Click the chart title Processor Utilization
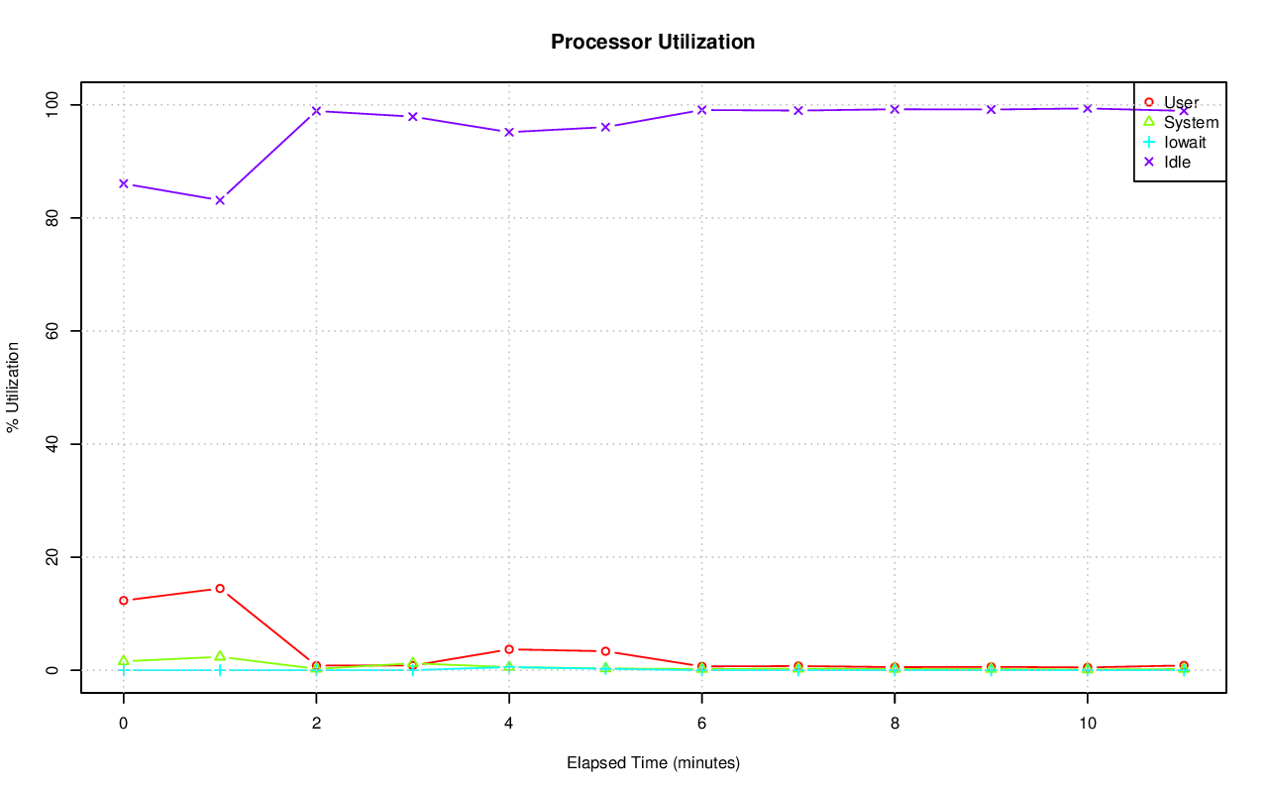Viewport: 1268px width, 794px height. tap(653, 42)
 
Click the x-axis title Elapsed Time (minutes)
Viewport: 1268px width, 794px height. tap(653, 763)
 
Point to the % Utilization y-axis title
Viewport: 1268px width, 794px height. tap(14, 388)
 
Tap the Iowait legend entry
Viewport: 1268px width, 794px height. tap(1185, 142)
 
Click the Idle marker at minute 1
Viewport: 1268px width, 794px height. tap(220, 200)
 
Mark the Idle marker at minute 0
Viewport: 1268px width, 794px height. tap(123, 183)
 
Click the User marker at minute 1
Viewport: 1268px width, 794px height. tap(220, 589)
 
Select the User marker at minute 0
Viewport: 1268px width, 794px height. tap(123, 601)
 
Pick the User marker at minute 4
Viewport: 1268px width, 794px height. tap(509, 649)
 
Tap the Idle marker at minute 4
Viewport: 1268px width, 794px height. tap(509, 132)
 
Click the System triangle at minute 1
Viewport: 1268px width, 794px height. tap(220, 656)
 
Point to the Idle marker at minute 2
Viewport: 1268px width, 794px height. tap(316, 111)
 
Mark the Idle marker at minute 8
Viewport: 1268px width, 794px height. tap(895, 109)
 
